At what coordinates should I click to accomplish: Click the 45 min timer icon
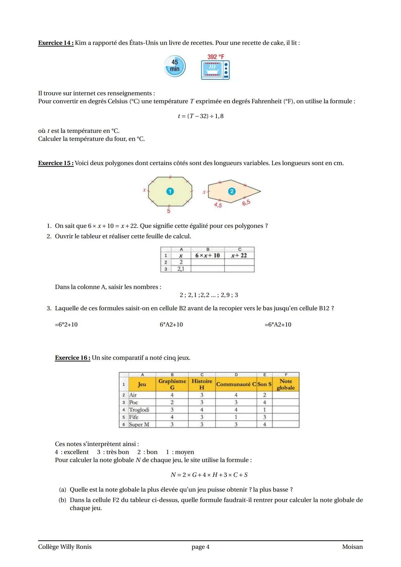(175, 66)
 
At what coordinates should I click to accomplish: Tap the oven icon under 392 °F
(215, 70)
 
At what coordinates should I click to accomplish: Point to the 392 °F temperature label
(216, 57)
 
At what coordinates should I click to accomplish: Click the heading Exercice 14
(56, 43)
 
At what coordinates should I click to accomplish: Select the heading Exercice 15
(56, 163)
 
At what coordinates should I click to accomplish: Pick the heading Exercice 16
(72, 358)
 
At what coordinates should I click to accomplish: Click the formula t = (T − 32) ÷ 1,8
(200, 116)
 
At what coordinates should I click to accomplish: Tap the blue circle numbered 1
(170, 191)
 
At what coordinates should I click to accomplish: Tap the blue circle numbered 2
(232, 191)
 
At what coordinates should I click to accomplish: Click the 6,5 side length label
(246, 203)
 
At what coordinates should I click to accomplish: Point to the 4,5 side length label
(218, 205)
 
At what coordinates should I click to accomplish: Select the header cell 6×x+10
(208, 256)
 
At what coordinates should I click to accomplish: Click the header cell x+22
(239, 256)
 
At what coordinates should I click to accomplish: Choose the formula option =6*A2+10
(278, 325)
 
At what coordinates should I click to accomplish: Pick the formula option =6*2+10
(66, 325)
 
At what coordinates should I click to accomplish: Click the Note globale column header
(286, 384)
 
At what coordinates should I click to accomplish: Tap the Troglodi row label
(139, 410)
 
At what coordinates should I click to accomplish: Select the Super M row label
(139, 425)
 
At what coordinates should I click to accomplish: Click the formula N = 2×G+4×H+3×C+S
(209, 475)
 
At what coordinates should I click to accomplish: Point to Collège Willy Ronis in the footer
(65, 547)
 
